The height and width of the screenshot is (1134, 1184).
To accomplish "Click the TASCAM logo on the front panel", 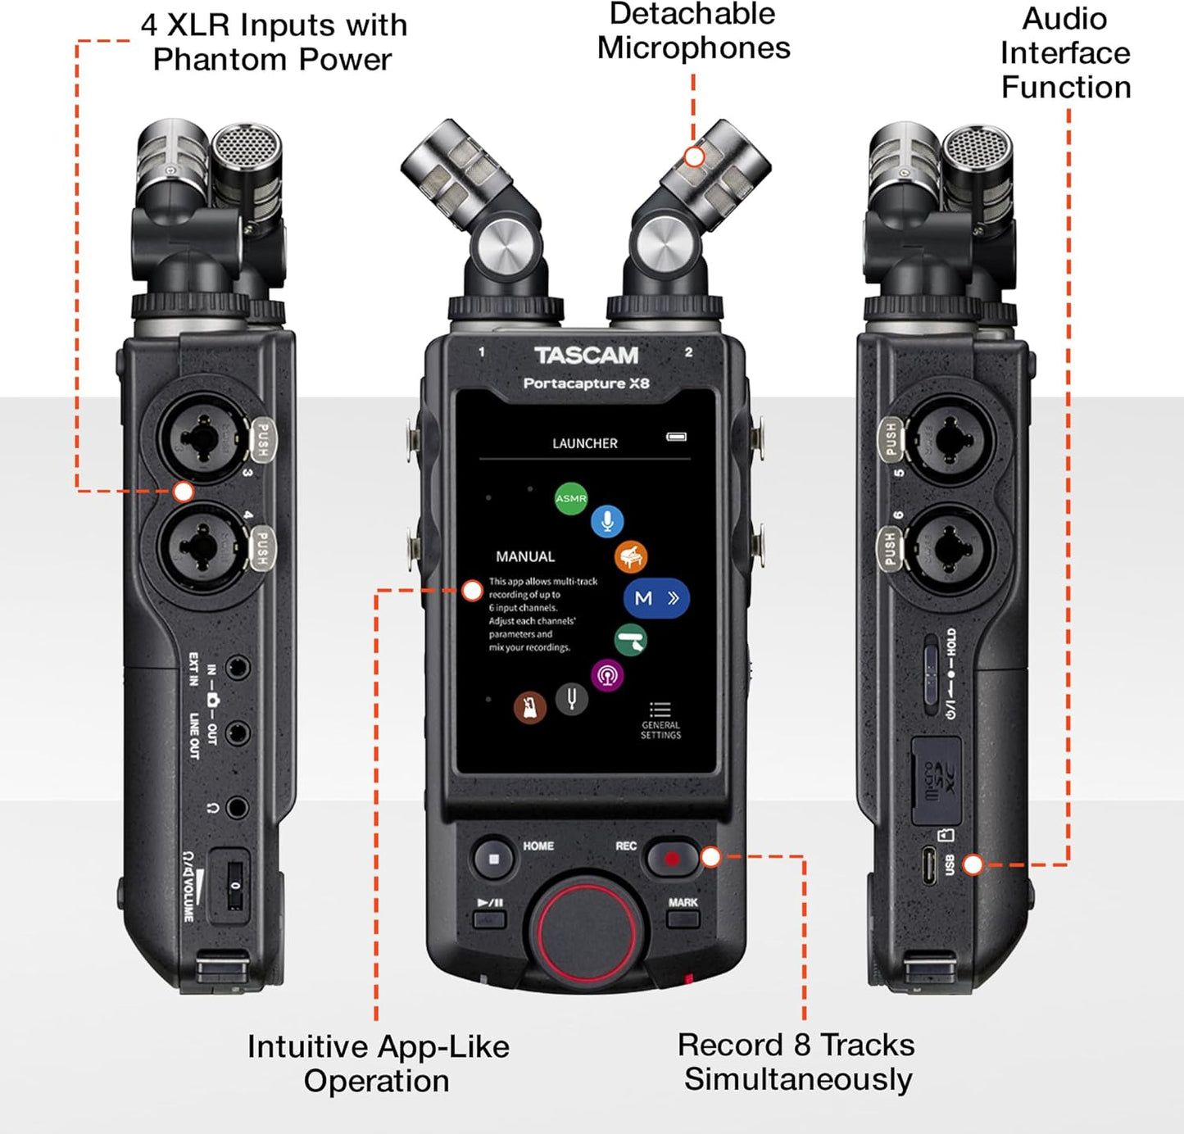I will [586, 355].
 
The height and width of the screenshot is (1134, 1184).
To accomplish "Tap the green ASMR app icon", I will [571, 498].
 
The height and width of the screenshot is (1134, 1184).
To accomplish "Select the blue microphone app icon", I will [607, 521].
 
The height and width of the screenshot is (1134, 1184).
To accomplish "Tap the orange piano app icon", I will [631, 557].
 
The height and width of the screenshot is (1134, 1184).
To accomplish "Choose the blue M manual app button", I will [656, 598].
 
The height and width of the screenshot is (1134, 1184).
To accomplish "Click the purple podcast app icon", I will [607, 676].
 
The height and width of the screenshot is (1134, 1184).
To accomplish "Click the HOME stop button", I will [494, 859].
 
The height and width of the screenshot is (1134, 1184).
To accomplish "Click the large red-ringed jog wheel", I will [586, 926].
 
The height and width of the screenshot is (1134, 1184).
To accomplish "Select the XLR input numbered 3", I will [201, 437].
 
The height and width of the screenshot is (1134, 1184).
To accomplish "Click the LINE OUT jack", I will [237, 733].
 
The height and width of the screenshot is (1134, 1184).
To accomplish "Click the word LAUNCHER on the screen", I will [585, 443].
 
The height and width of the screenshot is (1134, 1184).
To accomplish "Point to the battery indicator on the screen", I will [676, 437].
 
